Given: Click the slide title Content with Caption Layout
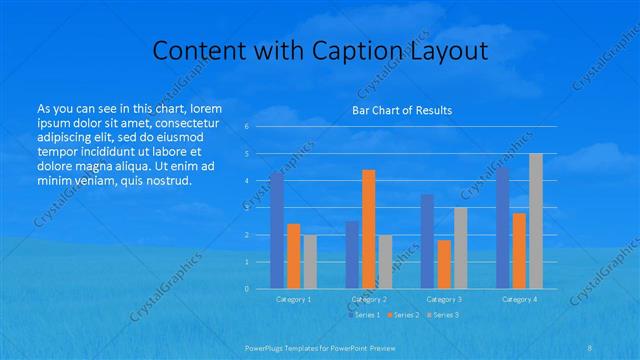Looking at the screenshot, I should coord(319,51).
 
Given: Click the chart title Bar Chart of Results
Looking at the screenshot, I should coord(401,110).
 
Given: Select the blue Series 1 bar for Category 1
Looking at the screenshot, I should coord(277,231).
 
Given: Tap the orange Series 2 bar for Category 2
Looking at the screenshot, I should coord(368,229).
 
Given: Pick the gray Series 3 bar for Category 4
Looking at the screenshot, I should coord(536,221).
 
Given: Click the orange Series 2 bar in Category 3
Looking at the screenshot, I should coord(443,264).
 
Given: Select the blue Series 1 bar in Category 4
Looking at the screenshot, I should coord(502,228).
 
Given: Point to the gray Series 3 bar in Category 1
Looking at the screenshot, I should coord(309,262).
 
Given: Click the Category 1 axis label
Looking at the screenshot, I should coord(293,299).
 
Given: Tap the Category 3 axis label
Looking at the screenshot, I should coord(443,299).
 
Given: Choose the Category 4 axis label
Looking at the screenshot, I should coord(518,299).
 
